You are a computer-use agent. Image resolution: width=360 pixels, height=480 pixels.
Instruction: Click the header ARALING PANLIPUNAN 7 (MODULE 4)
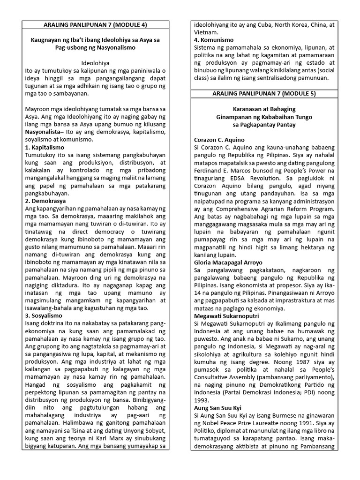[x=96, y=25]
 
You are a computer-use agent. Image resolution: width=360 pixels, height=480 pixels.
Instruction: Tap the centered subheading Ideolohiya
[x=96, y=62]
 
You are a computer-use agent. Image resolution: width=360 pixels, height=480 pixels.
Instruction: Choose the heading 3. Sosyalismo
[x=43, y=315]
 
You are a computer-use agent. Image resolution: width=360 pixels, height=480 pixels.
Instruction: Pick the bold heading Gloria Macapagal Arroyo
[x=228, y=262]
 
